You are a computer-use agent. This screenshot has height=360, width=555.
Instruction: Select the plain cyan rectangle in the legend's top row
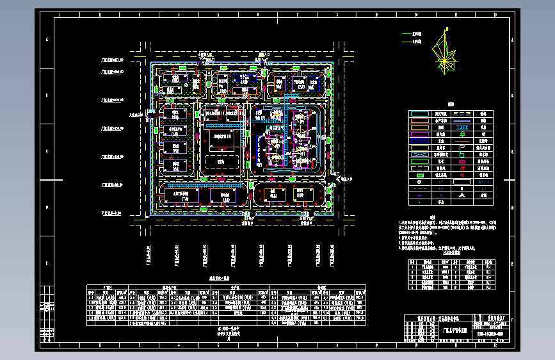(420, 113)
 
